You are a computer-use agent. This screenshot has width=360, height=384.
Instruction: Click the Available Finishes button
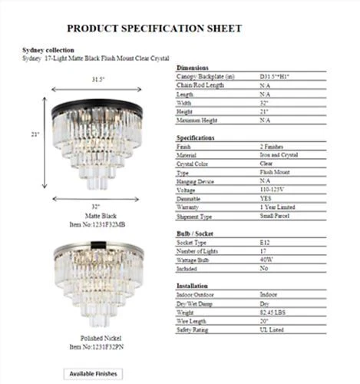pos(94,373)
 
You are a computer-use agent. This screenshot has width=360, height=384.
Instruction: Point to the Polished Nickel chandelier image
pos(95,284)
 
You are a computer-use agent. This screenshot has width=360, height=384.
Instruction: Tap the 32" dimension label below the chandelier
pos(94,207)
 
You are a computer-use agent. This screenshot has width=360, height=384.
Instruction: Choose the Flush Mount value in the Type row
pos(277,172)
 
